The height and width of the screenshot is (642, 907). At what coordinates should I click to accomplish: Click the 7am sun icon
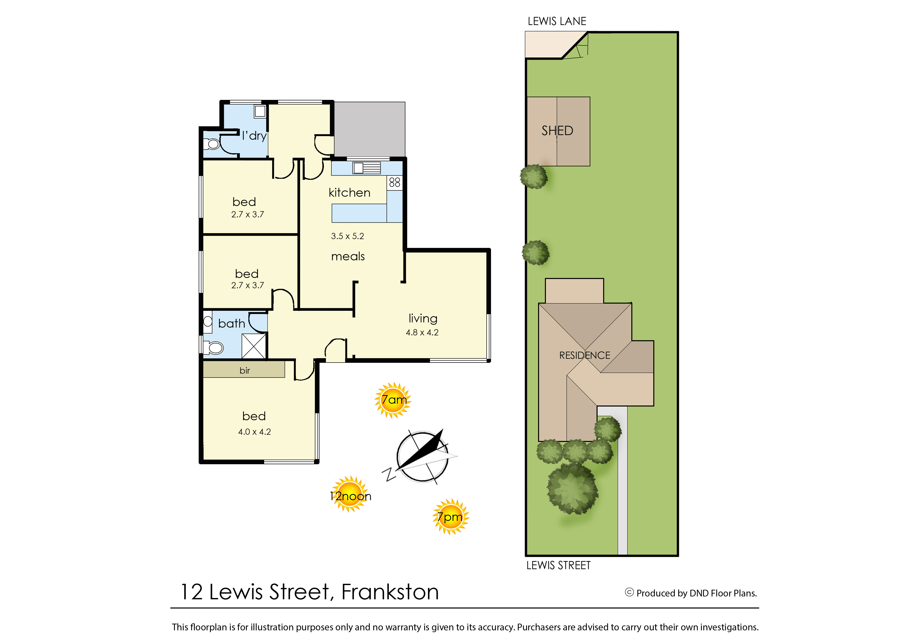coord(393,400)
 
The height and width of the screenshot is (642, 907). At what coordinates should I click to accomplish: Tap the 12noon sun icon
coord(350,494)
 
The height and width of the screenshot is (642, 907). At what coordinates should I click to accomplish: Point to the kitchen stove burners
coord(395,182)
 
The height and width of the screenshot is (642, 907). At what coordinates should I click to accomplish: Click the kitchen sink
coord(367,168)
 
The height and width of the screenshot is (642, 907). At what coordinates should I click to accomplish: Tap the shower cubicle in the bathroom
coord(253,346)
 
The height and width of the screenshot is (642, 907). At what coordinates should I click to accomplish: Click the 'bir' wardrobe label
coord(245,370)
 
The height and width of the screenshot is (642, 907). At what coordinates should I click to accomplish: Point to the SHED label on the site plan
coord(557,130)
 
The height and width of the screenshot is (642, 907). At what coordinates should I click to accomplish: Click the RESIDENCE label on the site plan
coord(584,355)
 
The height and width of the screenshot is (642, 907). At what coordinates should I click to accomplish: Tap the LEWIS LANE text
coord(557,21)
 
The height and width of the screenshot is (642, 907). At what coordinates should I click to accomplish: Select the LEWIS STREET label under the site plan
coord(559,565)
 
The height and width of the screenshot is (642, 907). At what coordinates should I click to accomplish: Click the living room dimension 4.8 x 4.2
coord(422,333)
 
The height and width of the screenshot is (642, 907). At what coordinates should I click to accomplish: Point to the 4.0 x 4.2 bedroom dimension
coord(255,432)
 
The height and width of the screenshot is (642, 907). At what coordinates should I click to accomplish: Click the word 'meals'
coord(348,256)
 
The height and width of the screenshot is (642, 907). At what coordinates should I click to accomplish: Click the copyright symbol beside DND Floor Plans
coord(629,592)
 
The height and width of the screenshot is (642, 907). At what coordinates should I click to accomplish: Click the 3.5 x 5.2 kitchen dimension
coord(347,236)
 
